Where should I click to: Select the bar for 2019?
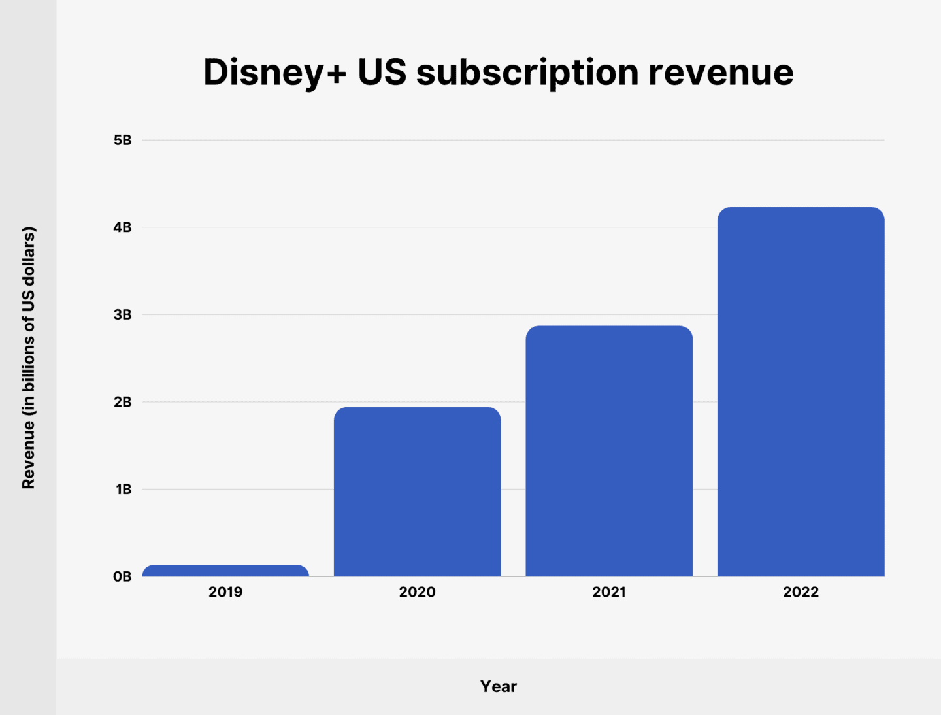[x=225, y=571]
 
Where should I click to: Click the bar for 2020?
[x=417, y=491]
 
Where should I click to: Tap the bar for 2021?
[x=609, y=451]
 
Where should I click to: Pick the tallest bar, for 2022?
[x=801, y=391]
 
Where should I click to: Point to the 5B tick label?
[x=122, y=140]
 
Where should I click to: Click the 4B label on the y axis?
[x=122, y=227]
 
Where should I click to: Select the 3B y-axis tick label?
[x=122, y=314]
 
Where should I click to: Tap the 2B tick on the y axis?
[x=122, y=402]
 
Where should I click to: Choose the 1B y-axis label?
[x=124, y=489]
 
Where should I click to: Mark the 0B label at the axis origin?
[x=122, y=576]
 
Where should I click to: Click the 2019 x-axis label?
[x=225, y=592]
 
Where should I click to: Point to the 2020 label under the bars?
[x=417, y=592]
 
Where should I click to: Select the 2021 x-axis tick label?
[x=609, y=592]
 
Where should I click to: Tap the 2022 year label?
[x=801, y=592]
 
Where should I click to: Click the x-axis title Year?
[x=499, y=686]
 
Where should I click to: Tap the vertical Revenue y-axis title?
[x=28, y=357]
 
